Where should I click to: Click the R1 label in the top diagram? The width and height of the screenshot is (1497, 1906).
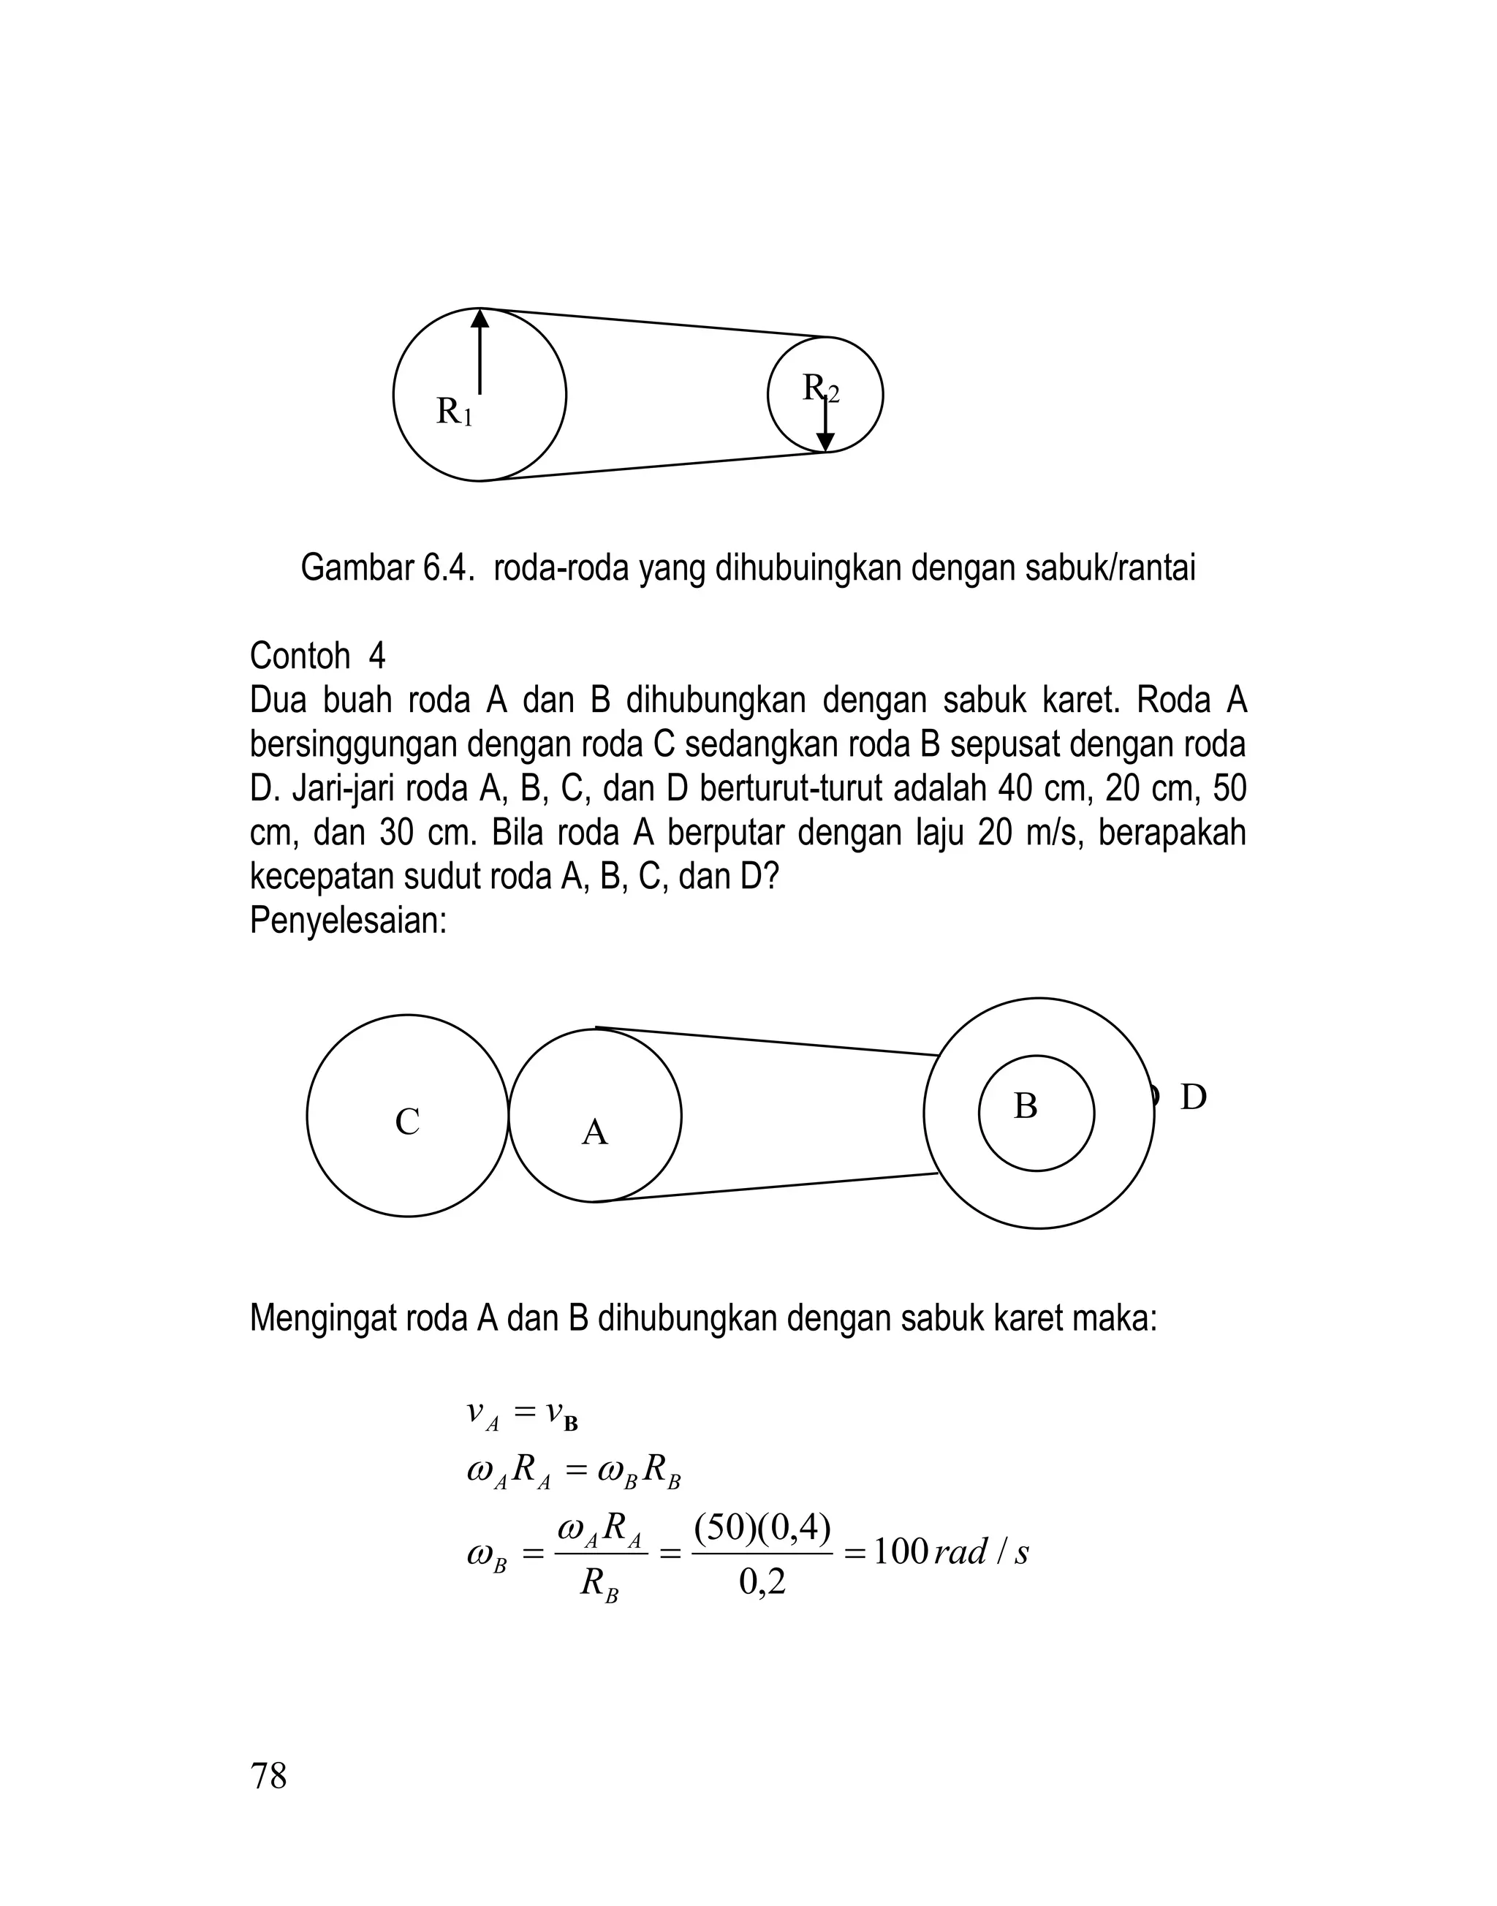[x=454, y=411]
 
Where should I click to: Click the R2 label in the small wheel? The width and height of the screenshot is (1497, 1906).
[x=820, y=388]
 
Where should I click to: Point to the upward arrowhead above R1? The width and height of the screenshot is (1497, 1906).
[x=480, y=319]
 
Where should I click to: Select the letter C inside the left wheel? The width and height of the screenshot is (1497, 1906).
[x=408, y=1122]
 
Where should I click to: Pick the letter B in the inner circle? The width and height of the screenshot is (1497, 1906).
[x=1026, y=1106]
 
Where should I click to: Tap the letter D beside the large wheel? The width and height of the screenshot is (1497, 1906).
[x=1193, y=1097]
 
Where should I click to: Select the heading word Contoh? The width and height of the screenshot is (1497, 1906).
[x=300, y=656]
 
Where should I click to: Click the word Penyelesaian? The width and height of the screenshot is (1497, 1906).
[x=348, y=920]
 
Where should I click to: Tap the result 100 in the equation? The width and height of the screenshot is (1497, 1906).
[x=900, y=1553]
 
